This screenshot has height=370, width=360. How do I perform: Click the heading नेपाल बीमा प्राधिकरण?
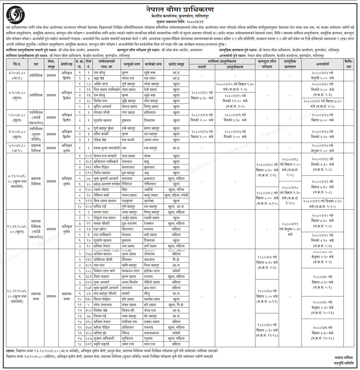[x=180, y=9]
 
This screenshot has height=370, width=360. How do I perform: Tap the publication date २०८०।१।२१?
[x=195, y=22]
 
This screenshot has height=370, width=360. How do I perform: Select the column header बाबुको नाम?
[x=132, y=64]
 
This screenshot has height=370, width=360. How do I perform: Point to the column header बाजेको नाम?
[x=153, y=64]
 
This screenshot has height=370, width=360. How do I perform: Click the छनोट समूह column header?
[x=176, y=64]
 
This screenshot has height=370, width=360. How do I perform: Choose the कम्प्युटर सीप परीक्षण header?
[x=267, y=64]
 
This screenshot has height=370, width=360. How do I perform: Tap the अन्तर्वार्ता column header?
[x=322, y=64]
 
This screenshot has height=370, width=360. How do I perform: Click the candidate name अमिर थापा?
[x=101, y=84]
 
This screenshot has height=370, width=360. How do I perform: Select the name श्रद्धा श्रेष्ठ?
[x=99, y=79]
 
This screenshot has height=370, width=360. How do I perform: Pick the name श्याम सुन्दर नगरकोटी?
[x=107, y=148]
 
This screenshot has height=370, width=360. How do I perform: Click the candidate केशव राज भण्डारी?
[x=105, y=156]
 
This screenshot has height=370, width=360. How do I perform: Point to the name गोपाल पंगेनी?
[x=102, y=112]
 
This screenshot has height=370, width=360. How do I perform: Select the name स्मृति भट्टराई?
[x=101, y=344]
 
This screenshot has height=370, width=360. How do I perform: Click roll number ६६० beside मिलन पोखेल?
[x=89, y=299]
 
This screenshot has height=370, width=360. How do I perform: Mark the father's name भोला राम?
[x=128, y=79]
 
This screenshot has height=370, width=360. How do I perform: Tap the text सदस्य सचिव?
[x=344, y=358]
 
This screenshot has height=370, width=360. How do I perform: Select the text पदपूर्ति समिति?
[x=344, y=363]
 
